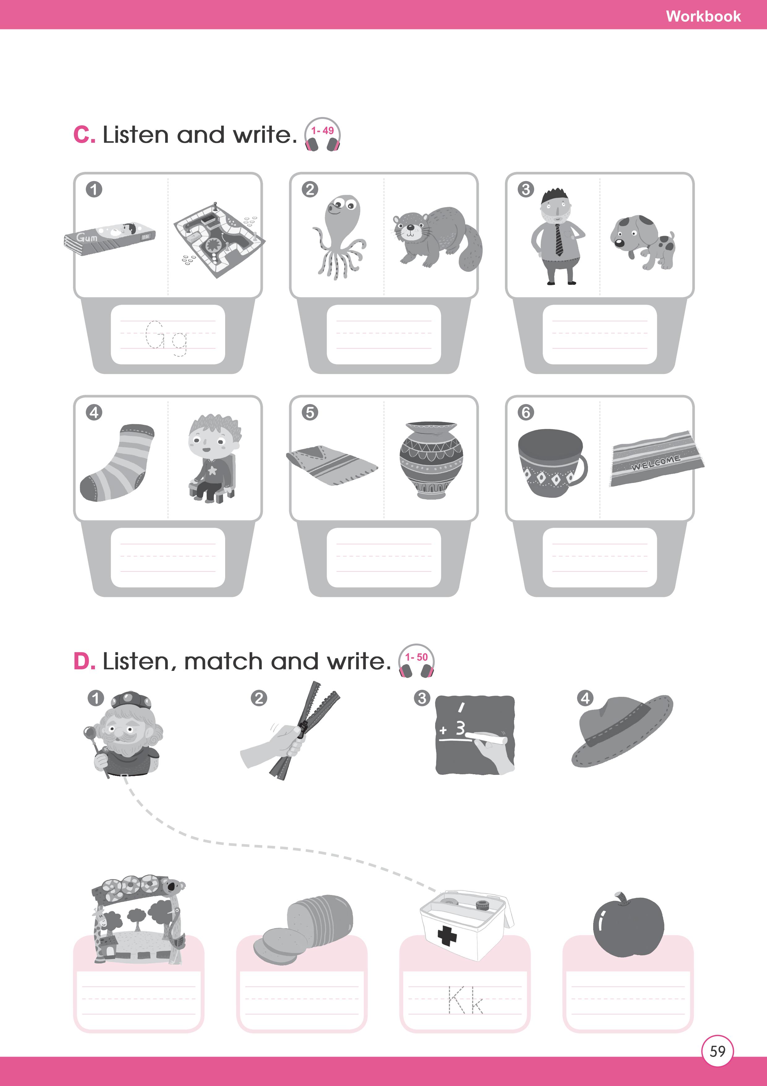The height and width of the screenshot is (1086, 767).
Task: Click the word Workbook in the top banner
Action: pyautogui.click(x=703, y=16)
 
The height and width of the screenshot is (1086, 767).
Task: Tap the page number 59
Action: pyautogui.click(x=718, y=1051)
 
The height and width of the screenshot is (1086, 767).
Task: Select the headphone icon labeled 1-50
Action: pyautogui.click(x=416, y=661)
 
